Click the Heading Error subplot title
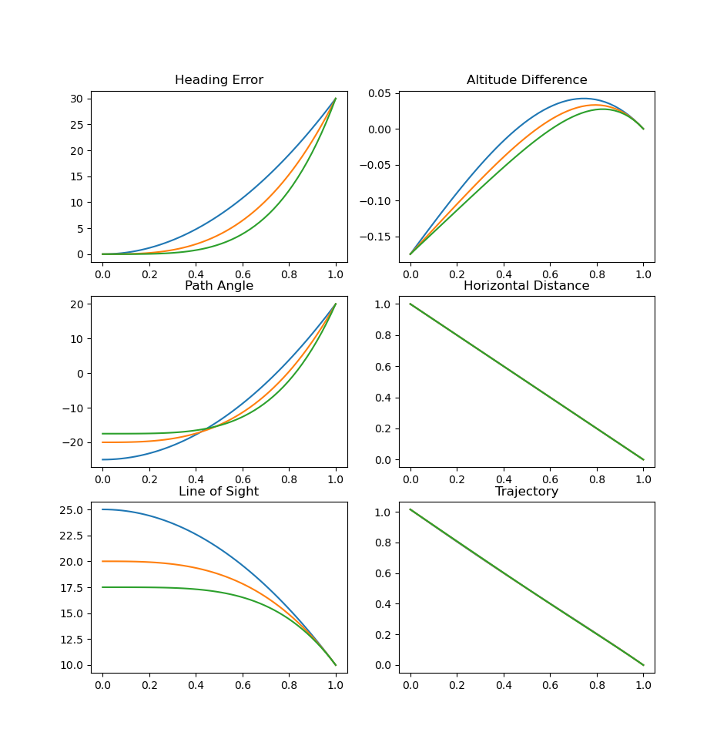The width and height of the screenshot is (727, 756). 219,80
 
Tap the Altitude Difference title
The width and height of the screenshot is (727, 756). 527,80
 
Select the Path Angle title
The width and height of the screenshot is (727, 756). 219,286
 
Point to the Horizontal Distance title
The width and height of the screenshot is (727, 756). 527,286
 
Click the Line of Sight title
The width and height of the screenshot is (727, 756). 219,492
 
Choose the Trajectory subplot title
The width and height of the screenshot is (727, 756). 527,492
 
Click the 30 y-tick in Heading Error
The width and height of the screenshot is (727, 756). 77,99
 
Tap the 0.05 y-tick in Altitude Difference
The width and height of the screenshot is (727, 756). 379,94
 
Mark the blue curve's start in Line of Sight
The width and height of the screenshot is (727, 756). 102,509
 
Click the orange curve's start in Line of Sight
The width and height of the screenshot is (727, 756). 102,561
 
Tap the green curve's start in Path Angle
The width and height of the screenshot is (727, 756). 102,434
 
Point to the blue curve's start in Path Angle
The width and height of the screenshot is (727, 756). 102,459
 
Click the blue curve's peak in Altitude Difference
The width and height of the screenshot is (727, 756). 584,99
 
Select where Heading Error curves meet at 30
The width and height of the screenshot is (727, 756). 336,99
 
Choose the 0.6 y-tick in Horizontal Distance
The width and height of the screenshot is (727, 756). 385,366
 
